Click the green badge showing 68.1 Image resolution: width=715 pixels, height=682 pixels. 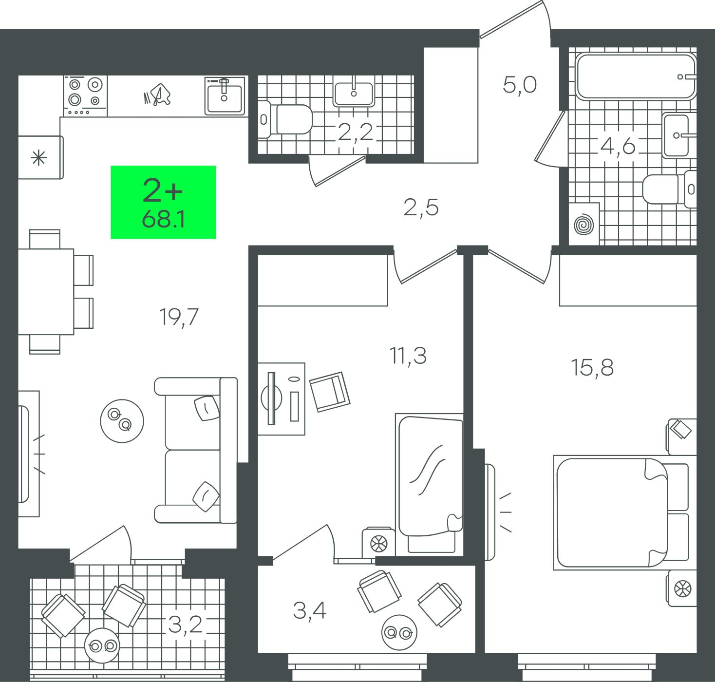(163, 202)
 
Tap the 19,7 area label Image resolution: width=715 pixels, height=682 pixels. (179, 317)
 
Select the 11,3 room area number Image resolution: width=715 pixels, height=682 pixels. (408, 355)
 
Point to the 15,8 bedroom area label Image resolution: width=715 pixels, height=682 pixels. (592, 367)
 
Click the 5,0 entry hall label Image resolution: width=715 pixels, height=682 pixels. (520, 85)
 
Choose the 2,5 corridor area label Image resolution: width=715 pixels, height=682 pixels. (421, 208)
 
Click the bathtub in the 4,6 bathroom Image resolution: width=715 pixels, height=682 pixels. (635, 76)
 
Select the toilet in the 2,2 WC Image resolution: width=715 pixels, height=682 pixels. (285, 119)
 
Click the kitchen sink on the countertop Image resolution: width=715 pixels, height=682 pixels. (225, 95)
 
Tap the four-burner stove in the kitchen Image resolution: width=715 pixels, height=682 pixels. (85, 96)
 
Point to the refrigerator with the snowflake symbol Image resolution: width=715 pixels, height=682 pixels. (40, 157)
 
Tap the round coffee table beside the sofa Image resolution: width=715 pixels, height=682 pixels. (122, 421)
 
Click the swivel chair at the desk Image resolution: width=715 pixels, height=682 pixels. (330, 392)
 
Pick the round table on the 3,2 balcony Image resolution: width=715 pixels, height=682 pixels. (102, 645)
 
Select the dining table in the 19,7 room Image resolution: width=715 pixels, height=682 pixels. (46, 292)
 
